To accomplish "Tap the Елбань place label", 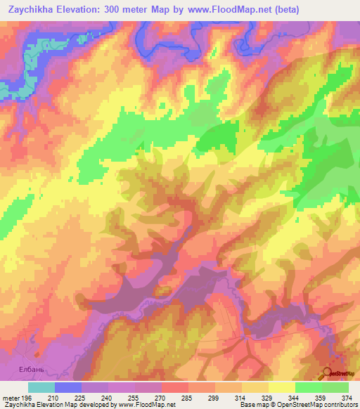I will pyautogui.click(x=31, y=368).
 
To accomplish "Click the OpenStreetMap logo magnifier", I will pyautogui.click(x=329, y=373).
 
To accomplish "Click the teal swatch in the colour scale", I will pyautogui.click(x=41, y=387).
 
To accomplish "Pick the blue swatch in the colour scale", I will pyautogui.click(x=68, y=387).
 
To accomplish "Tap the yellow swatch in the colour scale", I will pyautogui.click(x=282, y=387).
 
